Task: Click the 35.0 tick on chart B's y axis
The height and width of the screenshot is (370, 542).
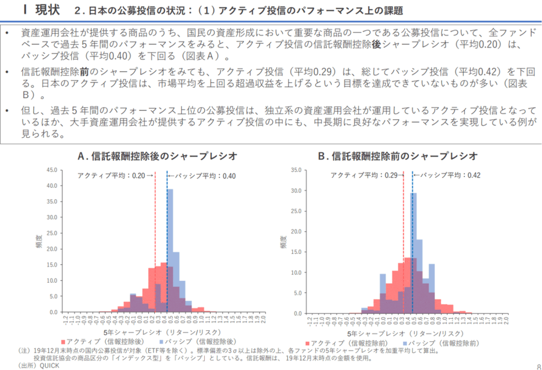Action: [294, 170]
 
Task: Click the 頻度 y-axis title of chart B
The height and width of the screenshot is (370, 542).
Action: [283, 242]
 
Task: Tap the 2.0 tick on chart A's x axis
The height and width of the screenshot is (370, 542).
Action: [263, 319]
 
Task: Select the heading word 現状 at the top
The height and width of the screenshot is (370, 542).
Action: [47, 10]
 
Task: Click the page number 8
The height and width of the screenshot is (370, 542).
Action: [538, 365]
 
